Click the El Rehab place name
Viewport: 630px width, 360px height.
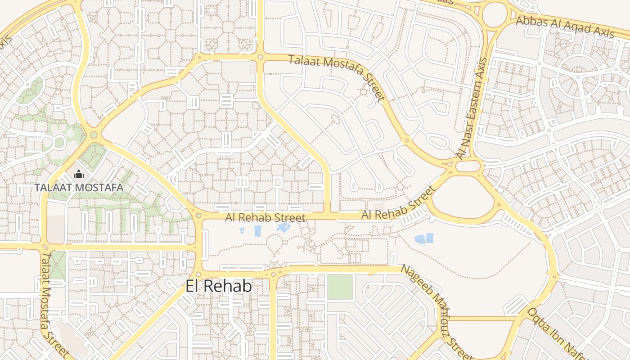pyautogui.click(x=219, y=286)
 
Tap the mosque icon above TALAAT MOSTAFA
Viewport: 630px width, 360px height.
pyautogui.click(x=79, y=174)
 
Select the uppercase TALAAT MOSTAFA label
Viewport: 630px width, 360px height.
pyautogui.click(x=79, y=187)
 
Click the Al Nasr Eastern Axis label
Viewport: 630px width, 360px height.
pyautogui.click(x=472, y=108)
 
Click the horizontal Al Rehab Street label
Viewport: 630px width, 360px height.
pyautogui.click(x=265, y=218)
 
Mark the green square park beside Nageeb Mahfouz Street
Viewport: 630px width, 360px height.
pyautogui.click(x=340, y=287)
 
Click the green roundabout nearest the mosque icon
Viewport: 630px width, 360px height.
pyautogui.click(x=94, y=135)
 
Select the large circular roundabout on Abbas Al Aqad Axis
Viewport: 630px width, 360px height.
pyautogui.click(x=495, y=14)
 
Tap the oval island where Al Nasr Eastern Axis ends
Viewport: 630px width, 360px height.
pyautogui.click(x=468, y=166)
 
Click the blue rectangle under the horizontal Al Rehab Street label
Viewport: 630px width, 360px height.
pyautogui.click(x=258, y=231)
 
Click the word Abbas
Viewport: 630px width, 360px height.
pyautogui.click(x=531, y=21)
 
